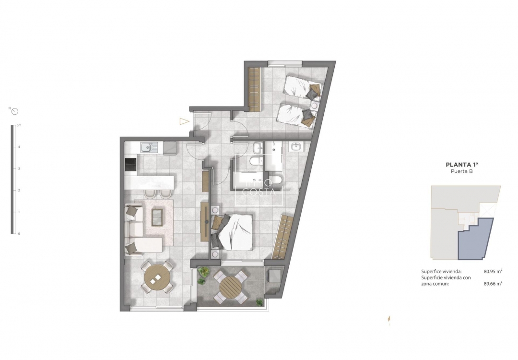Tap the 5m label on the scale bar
(19, 125)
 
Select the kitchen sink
(147, 147)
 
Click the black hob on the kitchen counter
(130, 165)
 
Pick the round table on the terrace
(231, 287)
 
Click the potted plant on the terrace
(203, 272)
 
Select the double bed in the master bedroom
(234, 232)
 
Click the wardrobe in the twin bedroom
(254, 89)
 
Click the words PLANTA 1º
(461, 165)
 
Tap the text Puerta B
(461, 171)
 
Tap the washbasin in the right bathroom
(295, 147)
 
